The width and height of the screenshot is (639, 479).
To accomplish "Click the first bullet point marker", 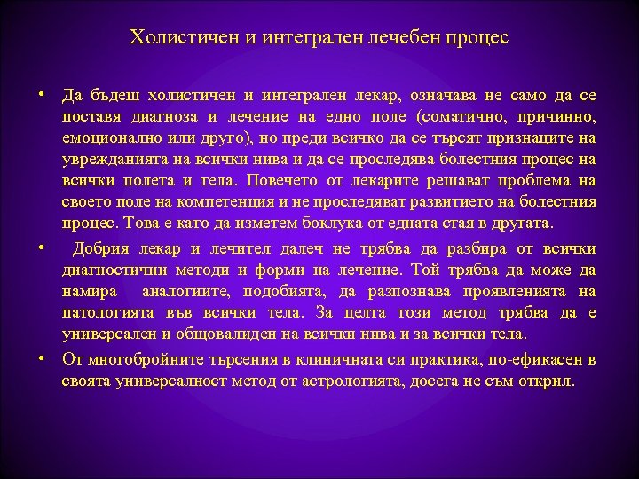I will pos(42,94).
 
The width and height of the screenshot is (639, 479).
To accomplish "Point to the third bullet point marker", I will pos(42,358).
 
